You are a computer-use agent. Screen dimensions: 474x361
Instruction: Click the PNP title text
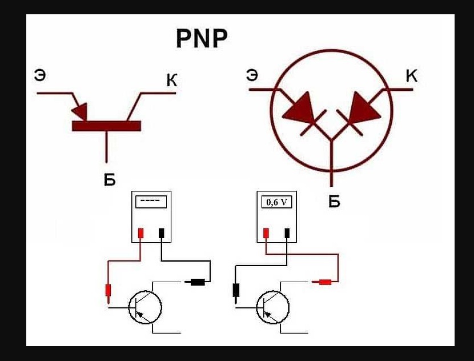(202, 39)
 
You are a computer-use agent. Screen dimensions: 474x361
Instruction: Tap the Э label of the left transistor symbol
(40, 75)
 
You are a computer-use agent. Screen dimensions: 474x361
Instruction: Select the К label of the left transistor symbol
(172, 80)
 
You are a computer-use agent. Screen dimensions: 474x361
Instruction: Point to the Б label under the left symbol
(110, 179)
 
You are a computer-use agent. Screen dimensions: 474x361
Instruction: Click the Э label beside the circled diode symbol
(252, 75)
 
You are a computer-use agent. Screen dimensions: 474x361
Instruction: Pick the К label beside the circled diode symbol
(411, 75)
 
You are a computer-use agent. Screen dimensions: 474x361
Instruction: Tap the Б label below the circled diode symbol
(334, 201)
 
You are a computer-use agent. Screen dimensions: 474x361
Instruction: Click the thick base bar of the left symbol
(106, 126)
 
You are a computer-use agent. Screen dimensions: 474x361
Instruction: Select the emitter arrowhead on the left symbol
(80, 111)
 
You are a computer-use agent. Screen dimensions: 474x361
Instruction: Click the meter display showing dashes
(151, 202)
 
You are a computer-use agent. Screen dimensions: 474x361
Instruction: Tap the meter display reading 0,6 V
(276, 202)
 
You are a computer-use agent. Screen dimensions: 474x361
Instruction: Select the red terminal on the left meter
(140, 233)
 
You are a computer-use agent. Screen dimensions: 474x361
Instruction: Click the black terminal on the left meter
(162, 233)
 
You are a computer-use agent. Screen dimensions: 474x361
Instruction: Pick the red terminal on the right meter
(266, 233)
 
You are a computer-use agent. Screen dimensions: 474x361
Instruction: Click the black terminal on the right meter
(287, 233)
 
